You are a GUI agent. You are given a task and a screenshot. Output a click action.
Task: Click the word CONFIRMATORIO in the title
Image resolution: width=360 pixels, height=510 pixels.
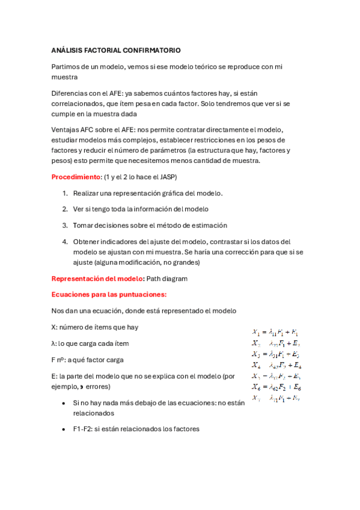pyautogui.click(x=151, y=51)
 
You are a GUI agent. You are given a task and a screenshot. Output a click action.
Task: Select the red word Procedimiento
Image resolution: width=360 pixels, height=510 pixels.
pyautogui.click(x=76, y=177)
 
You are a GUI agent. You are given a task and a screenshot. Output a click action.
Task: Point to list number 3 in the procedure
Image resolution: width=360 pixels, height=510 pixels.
pyautogui.click(x=65, y=225)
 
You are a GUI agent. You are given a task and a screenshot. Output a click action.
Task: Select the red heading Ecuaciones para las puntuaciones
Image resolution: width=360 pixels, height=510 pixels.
pyautogui.click(x=109, y=294)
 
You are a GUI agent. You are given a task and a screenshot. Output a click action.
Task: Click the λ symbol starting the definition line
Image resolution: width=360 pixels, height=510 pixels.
pyautogui.click(x=54, y=343)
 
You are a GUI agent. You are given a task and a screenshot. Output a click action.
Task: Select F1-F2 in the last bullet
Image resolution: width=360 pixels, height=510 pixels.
pyautogui.click(x=83, y=429)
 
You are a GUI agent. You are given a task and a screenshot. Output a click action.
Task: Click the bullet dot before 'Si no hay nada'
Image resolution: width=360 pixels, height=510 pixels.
pyautogui.click(x=64, y=404)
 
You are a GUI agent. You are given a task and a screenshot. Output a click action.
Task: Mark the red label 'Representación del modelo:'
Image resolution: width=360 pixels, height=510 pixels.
pyautogui.click(x=98, y=278)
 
